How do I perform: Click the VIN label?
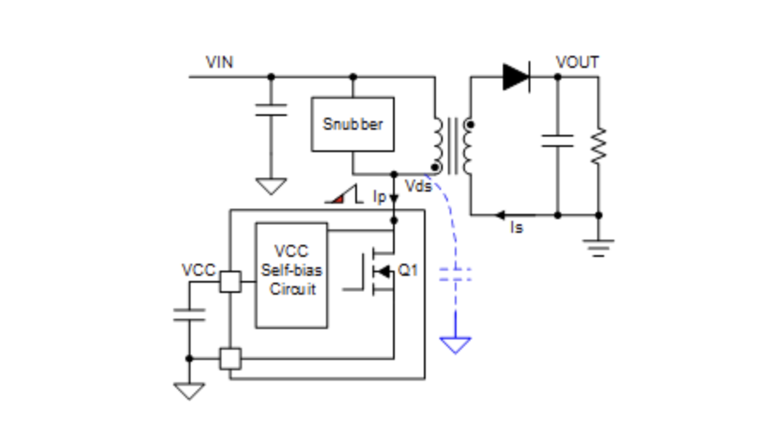point(220,63)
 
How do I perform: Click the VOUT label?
point(577,63)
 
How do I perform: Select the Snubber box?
point(353,124)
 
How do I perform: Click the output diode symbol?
point(516,76)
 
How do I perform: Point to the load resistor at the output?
point(598,146)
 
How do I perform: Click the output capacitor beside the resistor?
point(557,141)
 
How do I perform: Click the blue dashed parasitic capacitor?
point(456,275)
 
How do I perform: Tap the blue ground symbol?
point(456,345)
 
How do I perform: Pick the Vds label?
point(417,187)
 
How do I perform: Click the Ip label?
point(378,197)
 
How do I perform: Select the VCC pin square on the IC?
point(230,282)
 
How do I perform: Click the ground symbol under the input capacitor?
point(271,186)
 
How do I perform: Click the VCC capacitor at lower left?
point(190,314)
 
